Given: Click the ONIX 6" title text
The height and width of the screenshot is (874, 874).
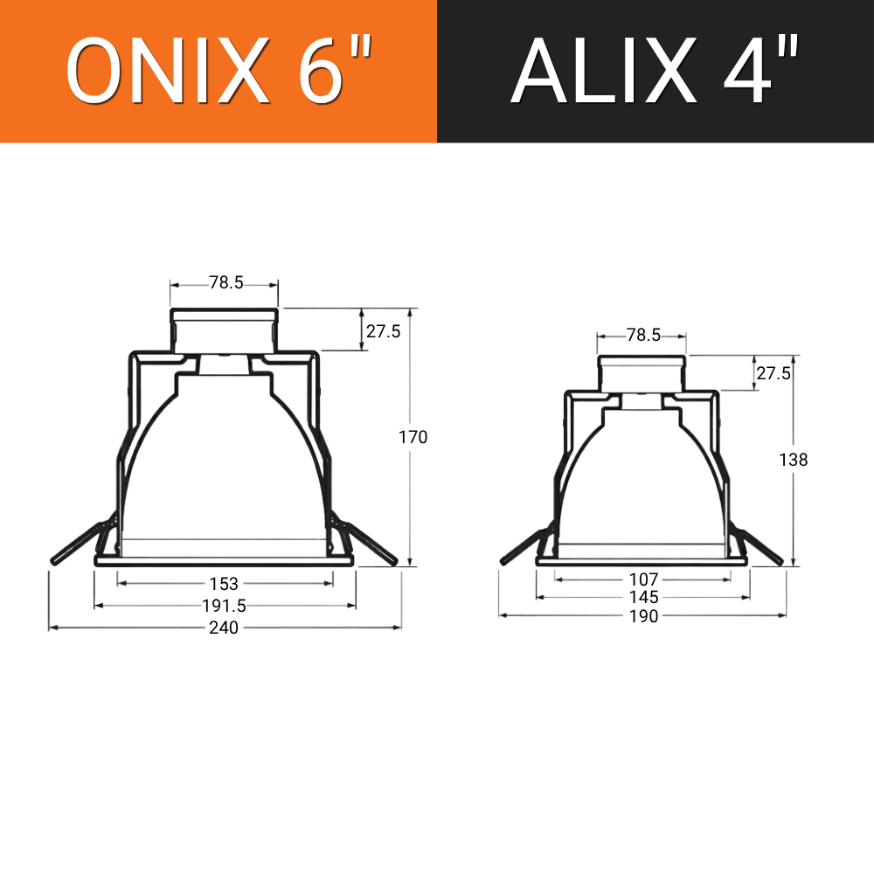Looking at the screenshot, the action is [x=218, y=70].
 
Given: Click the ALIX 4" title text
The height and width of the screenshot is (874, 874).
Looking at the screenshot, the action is [x=655, y=70].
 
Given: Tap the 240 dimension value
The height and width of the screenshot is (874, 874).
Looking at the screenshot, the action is [x=224, y=628].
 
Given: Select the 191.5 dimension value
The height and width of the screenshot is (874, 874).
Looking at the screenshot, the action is [x=224, y=606].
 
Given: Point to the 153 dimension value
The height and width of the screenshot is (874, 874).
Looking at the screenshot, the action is [x=224, y=584].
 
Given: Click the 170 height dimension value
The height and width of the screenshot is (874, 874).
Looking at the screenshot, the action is [x=413, y=437].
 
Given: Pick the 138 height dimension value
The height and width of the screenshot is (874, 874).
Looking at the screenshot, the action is [x=794, y=460].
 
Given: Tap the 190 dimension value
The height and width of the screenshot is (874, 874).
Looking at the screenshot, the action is [x=644, y=616].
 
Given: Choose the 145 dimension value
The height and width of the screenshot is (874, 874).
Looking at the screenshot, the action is [x=644, y=598].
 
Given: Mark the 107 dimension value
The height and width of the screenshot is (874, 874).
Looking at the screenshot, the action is [x=644, y=579].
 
